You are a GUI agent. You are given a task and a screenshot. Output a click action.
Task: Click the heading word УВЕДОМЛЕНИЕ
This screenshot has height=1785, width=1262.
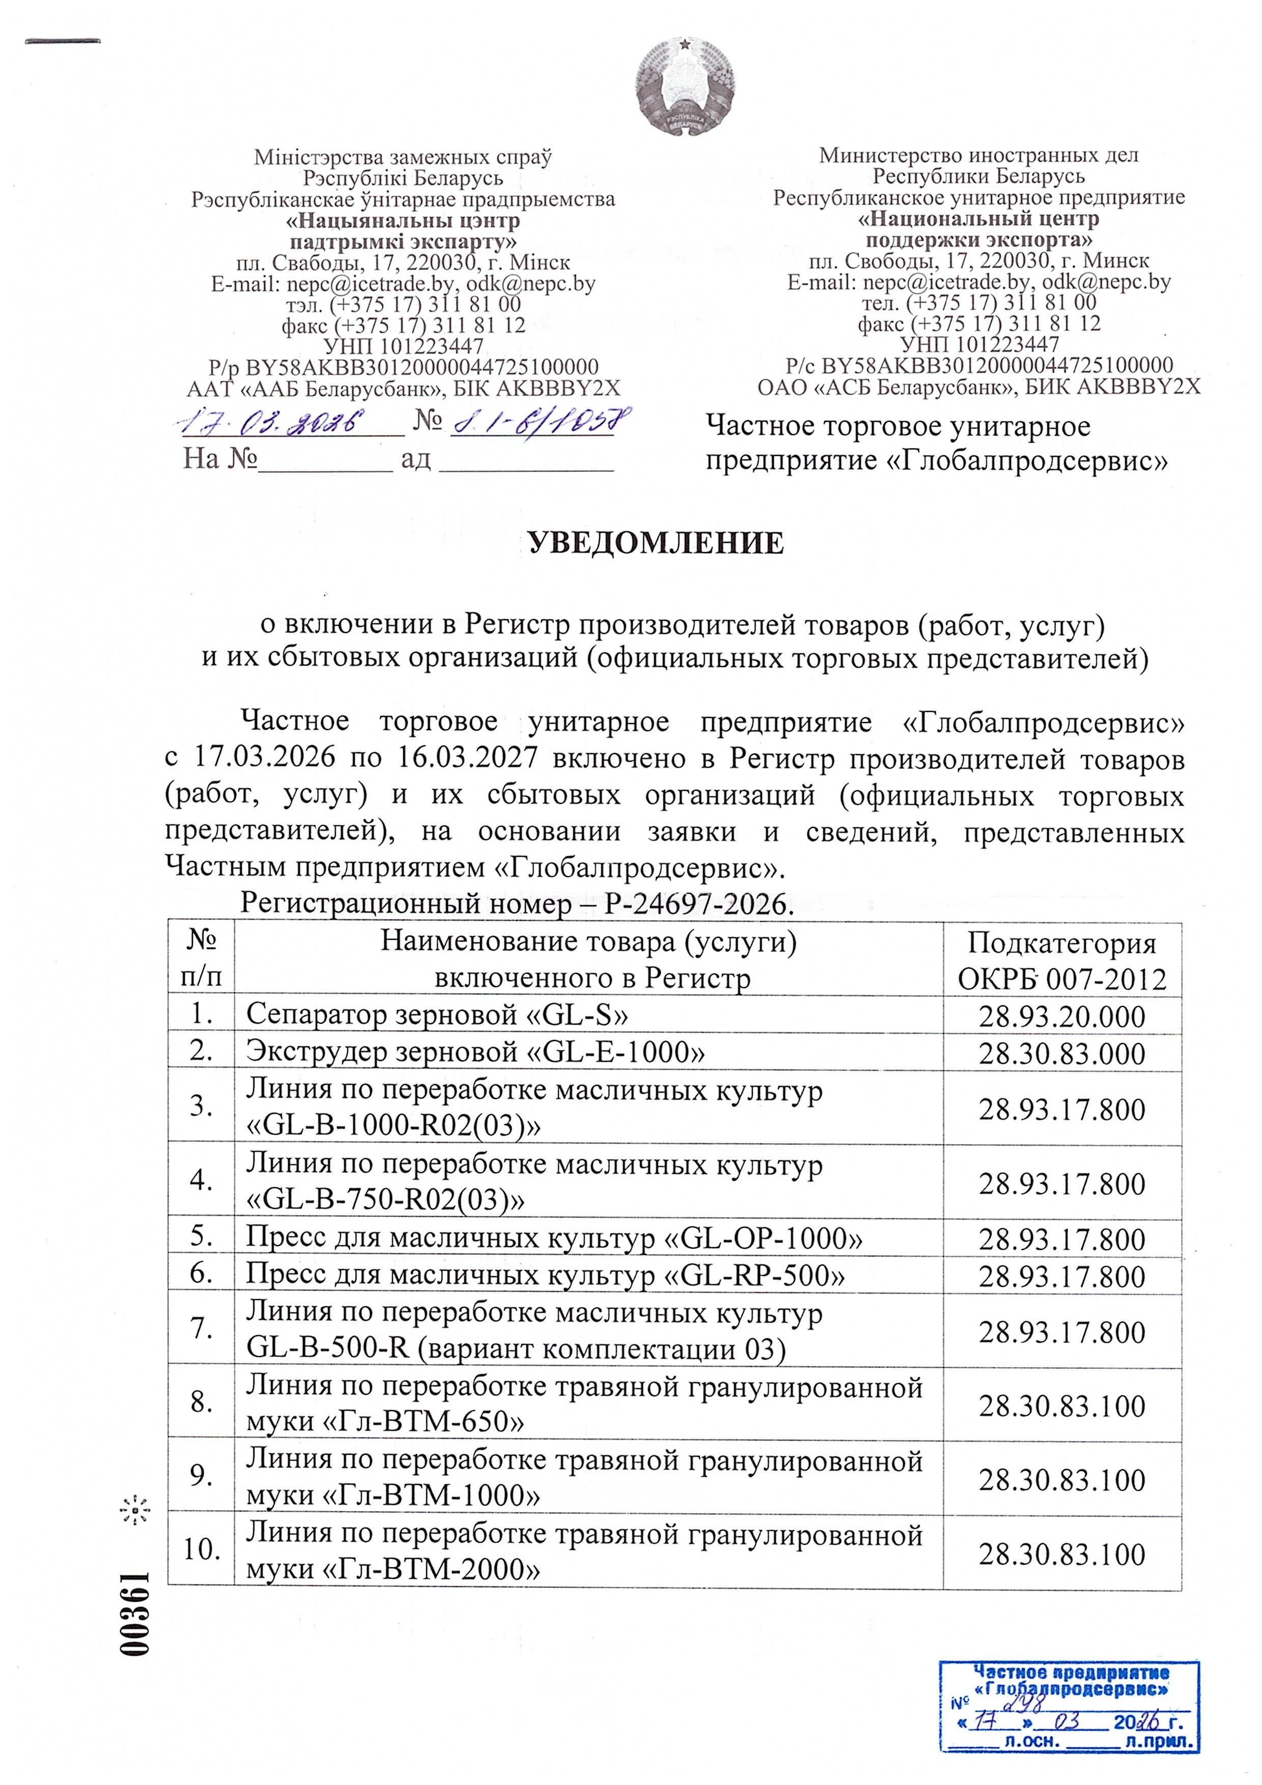656,542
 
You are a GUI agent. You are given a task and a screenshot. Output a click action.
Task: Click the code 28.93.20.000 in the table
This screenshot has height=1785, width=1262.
1061,1016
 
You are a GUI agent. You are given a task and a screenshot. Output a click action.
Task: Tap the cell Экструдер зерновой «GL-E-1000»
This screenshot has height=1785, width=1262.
476,1051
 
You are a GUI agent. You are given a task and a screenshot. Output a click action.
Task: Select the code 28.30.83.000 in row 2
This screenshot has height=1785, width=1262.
1061,1053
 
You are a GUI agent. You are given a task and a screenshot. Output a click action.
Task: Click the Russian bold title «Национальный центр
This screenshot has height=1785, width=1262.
978,218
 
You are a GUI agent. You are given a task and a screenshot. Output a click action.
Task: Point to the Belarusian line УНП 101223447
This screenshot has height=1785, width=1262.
404,346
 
